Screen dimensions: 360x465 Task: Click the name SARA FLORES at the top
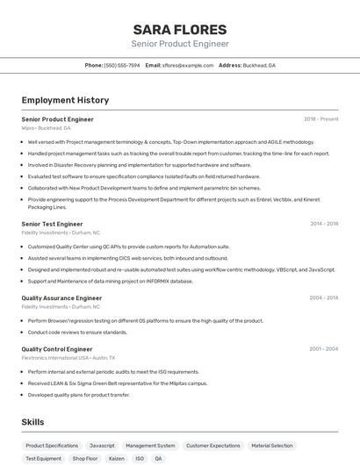click(180, 29)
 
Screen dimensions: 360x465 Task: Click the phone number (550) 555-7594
click(121, 65)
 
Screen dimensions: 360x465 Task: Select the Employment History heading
click(65, 100)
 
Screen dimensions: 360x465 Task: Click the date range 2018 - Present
click(320, 119)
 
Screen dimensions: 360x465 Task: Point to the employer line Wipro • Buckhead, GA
click(46, 128)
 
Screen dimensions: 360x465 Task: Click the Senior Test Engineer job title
click(52, 224)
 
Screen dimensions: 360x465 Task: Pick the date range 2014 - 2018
click(324, 224)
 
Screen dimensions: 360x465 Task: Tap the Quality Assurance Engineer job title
click(61, 298)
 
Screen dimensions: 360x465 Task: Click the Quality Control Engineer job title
click(57, 349)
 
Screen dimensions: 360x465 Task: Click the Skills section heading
click(33, 422)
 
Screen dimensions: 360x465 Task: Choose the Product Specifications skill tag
click(52, 446)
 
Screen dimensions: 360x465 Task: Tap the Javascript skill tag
click(102, 446)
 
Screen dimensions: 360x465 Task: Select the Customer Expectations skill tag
click(212, 446)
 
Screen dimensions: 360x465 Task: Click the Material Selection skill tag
click(271, 446)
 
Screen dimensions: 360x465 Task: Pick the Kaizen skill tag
click(116, 458)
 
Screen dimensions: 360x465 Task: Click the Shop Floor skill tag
click(85, 458)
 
